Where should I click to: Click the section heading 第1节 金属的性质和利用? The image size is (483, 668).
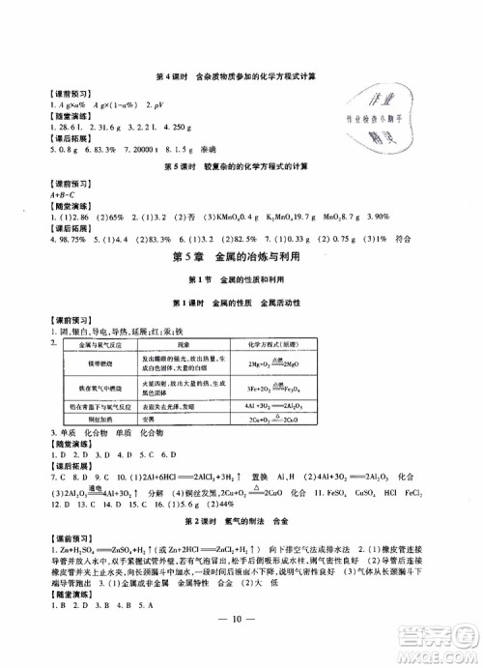point(241,280)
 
